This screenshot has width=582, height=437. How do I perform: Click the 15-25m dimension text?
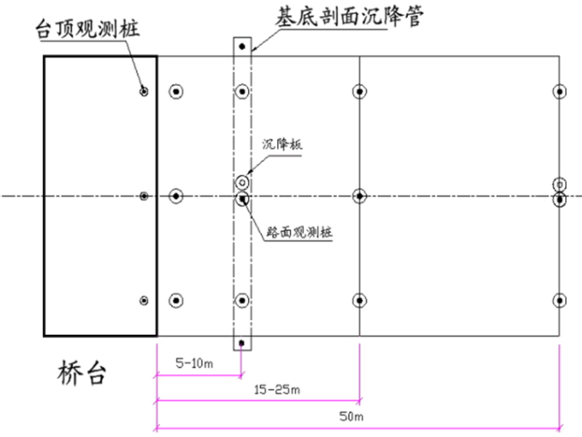point(276,390)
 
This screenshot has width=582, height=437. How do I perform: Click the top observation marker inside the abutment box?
point(144,91)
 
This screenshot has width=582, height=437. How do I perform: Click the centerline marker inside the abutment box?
point(144,197)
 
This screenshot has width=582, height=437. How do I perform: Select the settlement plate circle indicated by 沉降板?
point(242,182)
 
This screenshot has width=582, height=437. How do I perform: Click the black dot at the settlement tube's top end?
point(242,47)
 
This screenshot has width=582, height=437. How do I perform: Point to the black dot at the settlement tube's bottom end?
point(242,343)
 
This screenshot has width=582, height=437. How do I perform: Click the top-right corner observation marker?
point(560,91)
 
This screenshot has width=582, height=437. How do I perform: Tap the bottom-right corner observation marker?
point(560,300)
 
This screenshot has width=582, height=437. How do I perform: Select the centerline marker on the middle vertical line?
point(359,197)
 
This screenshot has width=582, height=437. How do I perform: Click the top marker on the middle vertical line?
point(359,91)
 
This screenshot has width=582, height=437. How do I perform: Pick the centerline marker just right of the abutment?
point(176,197)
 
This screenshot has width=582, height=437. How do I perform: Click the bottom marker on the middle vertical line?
point(359,300)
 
